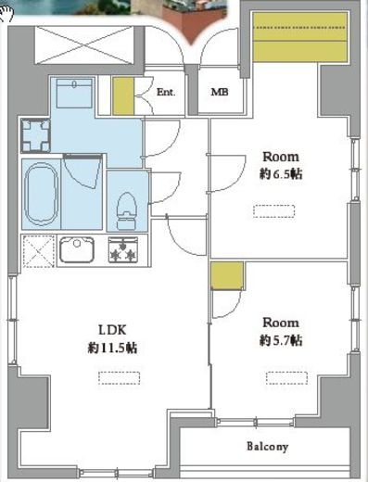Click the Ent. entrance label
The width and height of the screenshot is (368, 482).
166,92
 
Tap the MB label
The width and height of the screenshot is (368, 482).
220,92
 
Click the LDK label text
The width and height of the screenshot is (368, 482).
112,330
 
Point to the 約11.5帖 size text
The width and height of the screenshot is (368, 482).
112,349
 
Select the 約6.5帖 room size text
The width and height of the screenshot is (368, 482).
281,174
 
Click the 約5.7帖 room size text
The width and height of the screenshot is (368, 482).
281,340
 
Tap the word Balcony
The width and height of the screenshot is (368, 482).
268,447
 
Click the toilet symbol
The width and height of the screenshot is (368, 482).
127,209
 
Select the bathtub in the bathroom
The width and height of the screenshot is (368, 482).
42,195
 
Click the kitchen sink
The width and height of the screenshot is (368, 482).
77,249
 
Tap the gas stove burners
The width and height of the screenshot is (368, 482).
123,249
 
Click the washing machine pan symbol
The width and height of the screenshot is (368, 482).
36,135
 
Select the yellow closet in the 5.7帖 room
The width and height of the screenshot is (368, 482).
227,275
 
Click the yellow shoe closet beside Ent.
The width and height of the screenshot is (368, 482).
123,96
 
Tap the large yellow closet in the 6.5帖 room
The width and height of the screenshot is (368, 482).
300,36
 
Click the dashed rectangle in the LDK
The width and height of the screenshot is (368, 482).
120,378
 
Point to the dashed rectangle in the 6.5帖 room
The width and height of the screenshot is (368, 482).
273,211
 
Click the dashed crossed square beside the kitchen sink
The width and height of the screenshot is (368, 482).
39,251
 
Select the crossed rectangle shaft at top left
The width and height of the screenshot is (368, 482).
84,45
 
